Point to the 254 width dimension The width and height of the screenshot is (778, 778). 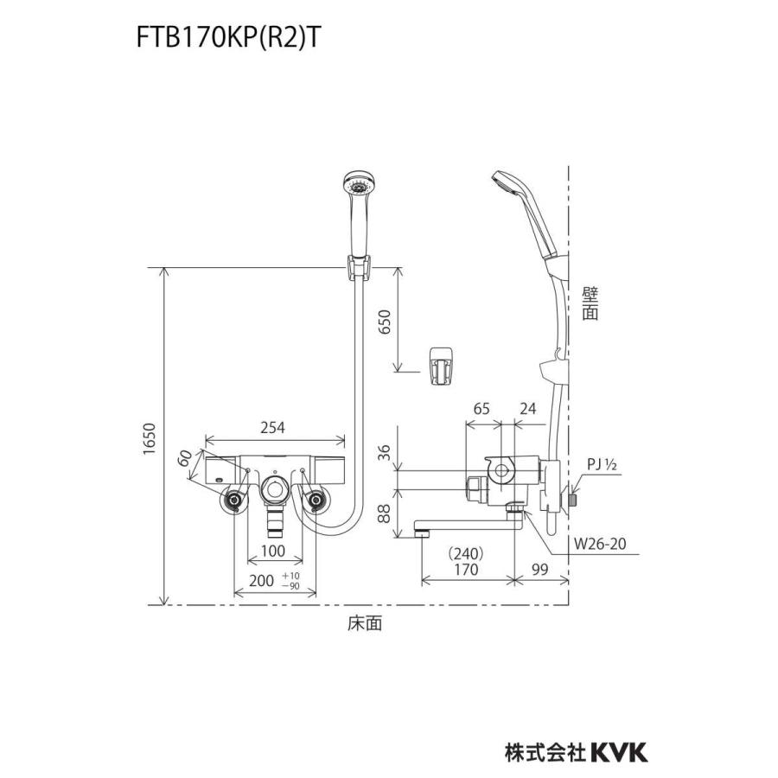(273, 427)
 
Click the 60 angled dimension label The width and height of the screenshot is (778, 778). (185, 459)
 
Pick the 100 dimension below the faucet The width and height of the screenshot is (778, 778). (274, 550)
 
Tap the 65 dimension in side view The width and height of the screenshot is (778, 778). (481, 406)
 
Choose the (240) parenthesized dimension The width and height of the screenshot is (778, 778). (467, 553)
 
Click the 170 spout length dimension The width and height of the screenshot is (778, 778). (467, 570)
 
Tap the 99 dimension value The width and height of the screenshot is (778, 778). (542, 570)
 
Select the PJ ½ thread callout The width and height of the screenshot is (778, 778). (602, 467)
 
